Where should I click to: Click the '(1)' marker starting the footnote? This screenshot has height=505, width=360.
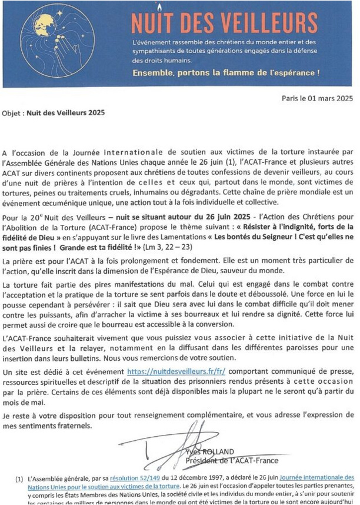(19, 478)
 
